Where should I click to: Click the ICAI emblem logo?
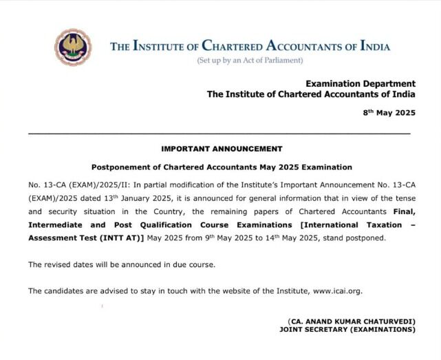[72, 47]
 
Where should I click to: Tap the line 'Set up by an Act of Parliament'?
[250, 61]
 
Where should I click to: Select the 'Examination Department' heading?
[361, 83]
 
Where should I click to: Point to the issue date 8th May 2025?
[389, 112]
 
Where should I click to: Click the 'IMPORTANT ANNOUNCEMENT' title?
[222, 149]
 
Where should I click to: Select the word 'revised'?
[59, 264]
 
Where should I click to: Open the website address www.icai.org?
[337, 291]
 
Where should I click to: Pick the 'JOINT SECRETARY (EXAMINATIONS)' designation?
[347, 330]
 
